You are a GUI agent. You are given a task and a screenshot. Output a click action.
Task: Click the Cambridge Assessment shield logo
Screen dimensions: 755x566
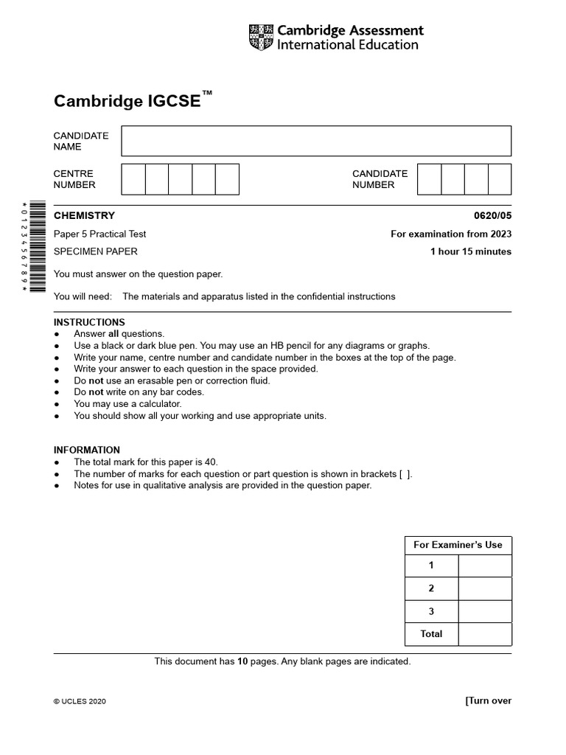click(261, 38)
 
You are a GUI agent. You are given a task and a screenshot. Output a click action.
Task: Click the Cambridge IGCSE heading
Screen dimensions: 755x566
click(127, 101)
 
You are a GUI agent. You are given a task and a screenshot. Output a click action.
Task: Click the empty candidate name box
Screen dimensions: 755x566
click(315, 141)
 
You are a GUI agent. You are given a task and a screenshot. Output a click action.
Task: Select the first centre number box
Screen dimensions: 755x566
click(133, 179)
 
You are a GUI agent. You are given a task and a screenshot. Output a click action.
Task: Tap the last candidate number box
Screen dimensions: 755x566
click(500, 179)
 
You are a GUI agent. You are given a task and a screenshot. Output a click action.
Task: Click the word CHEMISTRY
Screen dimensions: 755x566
click(84, 216)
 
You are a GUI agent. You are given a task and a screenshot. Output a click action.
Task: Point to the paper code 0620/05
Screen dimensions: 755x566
click(492, 216)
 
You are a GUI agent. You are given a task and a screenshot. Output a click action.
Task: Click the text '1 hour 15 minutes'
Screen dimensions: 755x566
click(471, 251)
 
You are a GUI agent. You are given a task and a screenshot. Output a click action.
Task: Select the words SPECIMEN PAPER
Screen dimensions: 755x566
click(95, 251)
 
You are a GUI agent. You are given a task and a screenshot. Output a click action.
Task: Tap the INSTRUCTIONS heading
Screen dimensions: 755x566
click(89, 322)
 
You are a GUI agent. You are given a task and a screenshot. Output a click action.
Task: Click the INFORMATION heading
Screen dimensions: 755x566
click(87, 450)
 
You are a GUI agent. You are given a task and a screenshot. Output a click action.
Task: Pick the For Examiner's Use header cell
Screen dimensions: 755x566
click(458, 545)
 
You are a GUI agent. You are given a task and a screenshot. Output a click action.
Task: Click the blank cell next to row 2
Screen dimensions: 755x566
click(484, 588)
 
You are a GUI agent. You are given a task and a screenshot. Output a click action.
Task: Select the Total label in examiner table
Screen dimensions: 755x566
click(431, 634)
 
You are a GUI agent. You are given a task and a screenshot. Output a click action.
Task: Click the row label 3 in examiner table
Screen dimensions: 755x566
click(431, 611)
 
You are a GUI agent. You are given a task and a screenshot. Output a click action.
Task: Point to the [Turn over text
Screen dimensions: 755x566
click(488, 701)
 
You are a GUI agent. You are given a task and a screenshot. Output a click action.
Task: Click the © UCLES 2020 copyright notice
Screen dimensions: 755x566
click(80, 702)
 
